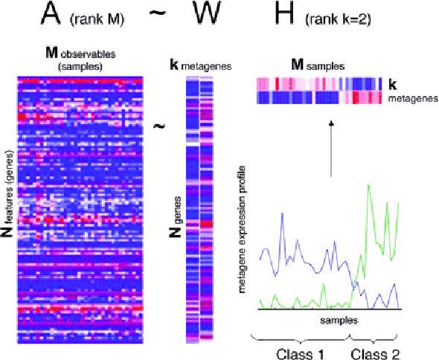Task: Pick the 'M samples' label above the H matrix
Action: (x=318, y=66)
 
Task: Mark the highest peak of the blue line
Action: (x=282, y=213)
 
